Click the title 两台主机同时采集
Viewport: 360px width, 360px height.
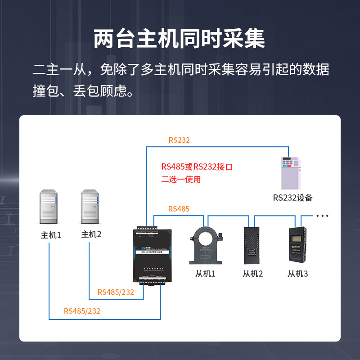(x=180, y=39)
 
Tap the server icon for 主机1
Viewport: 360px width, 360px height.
(x=49, y=207)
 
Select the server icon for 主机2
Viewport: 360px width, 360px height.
(x=90, y=207)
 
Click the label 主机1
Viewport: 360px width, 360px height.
(x=51, y=235)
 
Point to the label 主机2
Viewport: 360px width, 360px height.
(x=91, y=234)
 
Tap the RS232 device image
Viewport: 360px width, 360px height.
(x=290, y=173)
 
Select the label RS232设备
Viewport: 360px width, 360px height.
(x=292, y=198)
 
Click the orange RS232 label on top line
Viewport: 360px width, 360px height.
(x=179, y=140)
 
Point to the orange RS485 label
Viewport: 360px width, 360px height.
(x=179, y=209)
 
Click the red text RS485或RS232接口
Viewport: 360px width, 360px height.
(x=197, y=167)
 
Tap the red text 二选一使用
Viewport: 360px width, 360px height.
(x=181, y=180)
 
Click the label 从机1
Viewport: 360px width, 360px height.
(x=206, y=273)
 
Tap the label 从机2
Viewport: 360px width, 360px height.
(x=252, y=273)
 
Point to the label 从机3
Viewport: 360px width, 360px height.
(x=297, y=273)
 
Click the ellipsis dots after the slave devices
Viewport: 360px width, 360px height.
(x=322, y=216)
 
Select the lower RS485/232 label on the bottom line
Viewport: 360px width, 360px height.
(x=82, y=311)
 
